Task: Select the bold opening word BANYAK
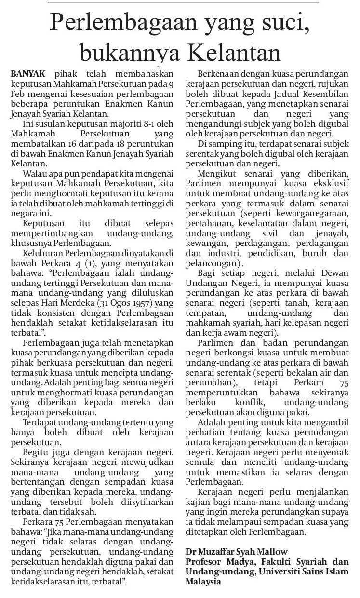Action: click(x=27, y=74)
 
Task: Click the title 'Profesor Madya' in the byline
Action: click(x=214, y=561)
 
